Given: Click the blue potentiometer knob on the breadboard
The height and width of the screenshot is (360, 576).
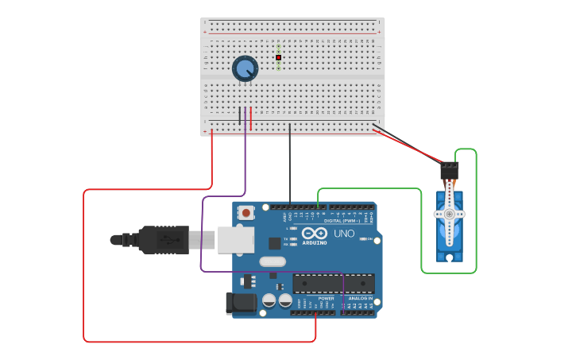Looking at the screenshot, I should pyautogui.click(x=245, y=69).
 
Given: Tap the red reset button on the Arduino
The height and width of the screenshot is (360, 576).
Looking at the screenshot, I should pyautogui.click(x=247, y=212).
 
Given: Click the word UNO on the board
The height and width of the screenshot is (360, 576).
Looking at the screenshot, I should pyautogui.click(x=343, y=234).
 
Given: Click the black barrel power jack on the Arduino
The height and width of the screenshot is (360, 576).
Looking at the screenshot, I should pyautogui.click(x=241, y=303).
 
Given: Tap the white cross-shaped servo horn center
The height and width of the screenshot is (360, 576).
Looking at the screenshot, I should pyautogui.click(x=450, y=215).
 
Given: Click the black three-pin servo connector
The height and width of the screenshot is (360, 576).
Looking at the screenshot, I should pyautogui.click(x=450, y=170).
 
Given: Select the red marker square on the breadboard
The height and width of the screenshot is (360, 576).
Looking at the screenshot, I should pyautogui.click(x=279, y=57).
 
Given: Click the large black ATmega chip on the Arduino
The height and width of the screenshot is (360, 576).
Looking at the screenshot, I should pyautogui.click(x=334, y=283).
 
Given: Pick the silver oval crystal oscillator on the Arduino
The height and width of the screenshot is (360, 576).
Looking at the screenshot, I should pyautogui.click(x=272, y=261).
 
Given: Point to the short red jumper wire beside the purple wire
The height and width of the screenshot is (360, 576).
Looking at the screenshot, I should pyautogui.click(x=251, y=118).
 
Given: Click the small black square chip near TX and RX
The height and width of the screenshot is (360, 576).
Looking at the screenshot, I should pyautogui.click(x=274, y=243).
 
